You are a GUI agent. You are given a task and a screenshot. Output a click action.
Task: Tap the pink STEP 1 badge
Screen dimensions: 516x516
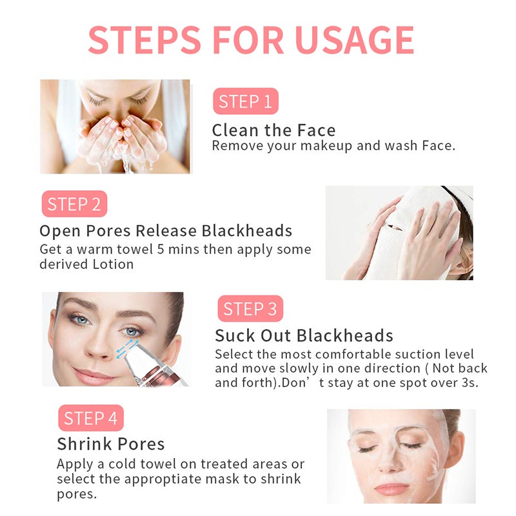click(x=245, y=101)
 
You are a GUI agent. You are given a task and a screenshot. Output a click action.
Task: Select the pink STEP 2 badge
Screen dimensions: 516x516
click(x=74, y=204)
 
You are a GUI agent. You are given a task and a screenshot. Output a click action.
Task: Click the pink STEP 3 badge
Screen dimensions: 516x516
click(x=250, y=309)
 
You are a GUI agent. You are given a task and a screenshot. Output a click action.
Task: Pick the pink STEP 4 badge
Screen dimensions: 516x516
click(x=90, y=419)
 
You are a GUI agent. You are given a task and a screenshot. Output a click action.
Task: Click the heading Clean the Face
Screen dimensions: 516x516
click(x=273, y=130)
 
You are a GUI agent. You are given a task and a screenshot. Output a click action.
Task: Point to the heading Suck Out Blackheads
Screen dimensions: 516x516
click(x=304, y=335)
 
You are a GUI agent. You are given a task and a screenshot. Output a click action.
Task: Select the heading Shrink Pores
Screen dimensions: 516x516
click(x=110, y=444)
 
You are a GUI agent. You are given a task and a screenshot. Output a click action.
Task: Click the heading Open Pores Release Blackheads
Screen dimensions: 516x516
click(x=166, y=231)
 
